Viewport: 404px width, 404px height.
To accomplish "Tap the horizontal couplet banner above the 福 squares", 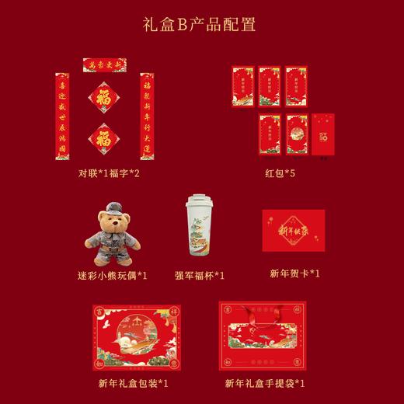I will point(105,65).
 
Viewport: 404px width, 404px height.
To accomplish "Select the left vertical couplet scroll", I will point(61,116).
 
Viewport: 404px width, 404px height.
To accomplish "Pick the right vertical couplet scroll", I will point(147,116).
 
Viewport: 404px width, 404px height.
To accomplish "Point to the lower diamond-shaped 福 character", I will point(103,139).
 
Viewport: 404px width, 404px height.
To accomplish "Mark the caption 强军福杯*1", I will point(199,275).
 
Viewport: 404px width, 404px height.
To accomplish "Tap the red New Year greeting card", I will point(294,230).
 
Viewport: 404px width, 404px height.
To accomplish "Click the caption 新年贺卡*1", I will point(294,273).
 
